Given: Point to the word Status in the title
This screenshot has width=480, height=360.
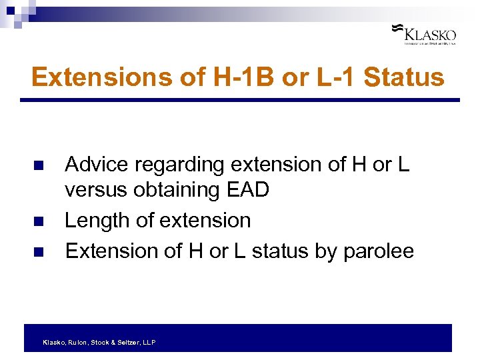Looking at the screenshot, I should pyautogui.click(x=405, y=77).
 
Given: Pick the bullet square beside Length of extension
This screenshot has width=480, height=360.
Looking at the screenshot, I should pyautogui.click(x=38, y=221).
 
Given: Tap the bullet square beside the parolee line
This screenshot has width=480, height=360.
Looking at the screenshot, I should pyautogui.click(x=38, y=251).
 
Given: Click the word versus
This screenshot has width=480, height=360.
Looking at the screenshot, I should pyautogui.click(x=95, y=191).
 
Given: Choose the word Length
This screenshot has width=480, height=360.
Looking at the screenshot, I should pyautogui.click(x=96, y=221).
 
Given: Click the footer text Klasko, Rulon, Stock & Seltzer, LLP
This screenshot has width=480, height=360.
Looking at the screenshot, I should pyautogui.click(x=99, y=342).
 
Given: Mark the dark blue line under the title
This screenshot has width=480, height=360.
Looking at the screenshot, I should pyautogui.click(x=240, y=100).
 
